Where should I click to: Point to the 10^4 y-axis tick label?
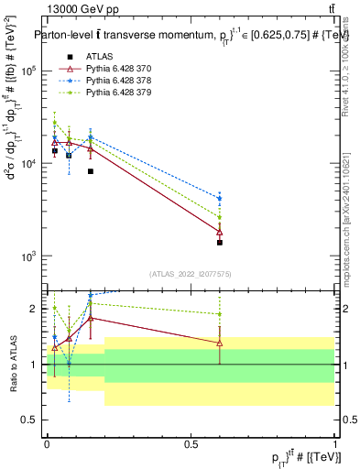click(28, 163)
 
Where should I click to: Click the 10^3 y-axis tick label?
click(28, 256)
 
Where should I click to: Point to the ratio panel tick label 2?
click(34, 308)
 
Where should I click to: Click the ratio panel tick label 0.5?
click(30, 420)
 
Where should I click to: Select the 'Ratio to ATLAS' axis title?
click(13, 364)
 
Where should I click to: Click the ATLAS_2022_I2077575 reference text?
click(191, 274)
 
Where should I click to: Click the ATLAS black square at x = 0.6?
click(220, 243)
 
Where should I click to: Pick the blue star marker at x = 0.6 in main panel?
click(220, 198)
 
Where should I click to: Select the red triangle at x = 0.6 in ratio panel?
click(220, 343)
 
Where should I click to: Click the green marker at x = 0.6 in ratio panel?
click(220, 314)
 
